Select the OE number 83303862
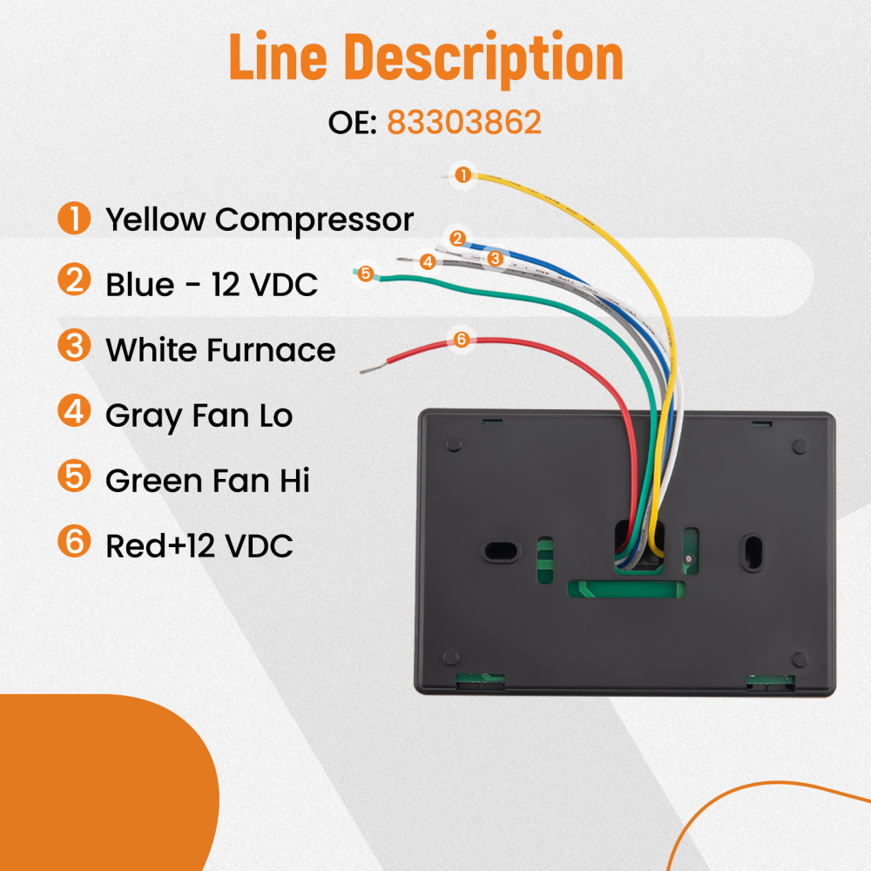[463, 123]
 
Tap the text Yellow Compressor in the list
[259, 219]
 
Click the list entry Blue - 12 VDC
[212, 284]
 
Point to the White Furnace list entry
[219, 349]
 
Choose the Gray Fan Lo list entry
[199, 415]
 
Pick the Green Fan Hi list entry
[207, 480]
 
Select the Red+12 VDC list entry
[199, 545]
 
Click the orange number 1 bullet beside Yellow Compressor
[74, 218]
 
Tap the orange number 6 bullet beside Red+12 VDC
[74, 543]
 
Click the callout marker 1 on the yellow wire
[463, 175]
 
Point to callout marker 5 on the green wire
[365, 273]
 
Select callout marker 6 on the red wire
[462, 339]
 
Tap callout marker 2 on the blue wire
[458, 237]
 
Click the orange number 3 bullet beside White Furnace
[74, 347]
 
